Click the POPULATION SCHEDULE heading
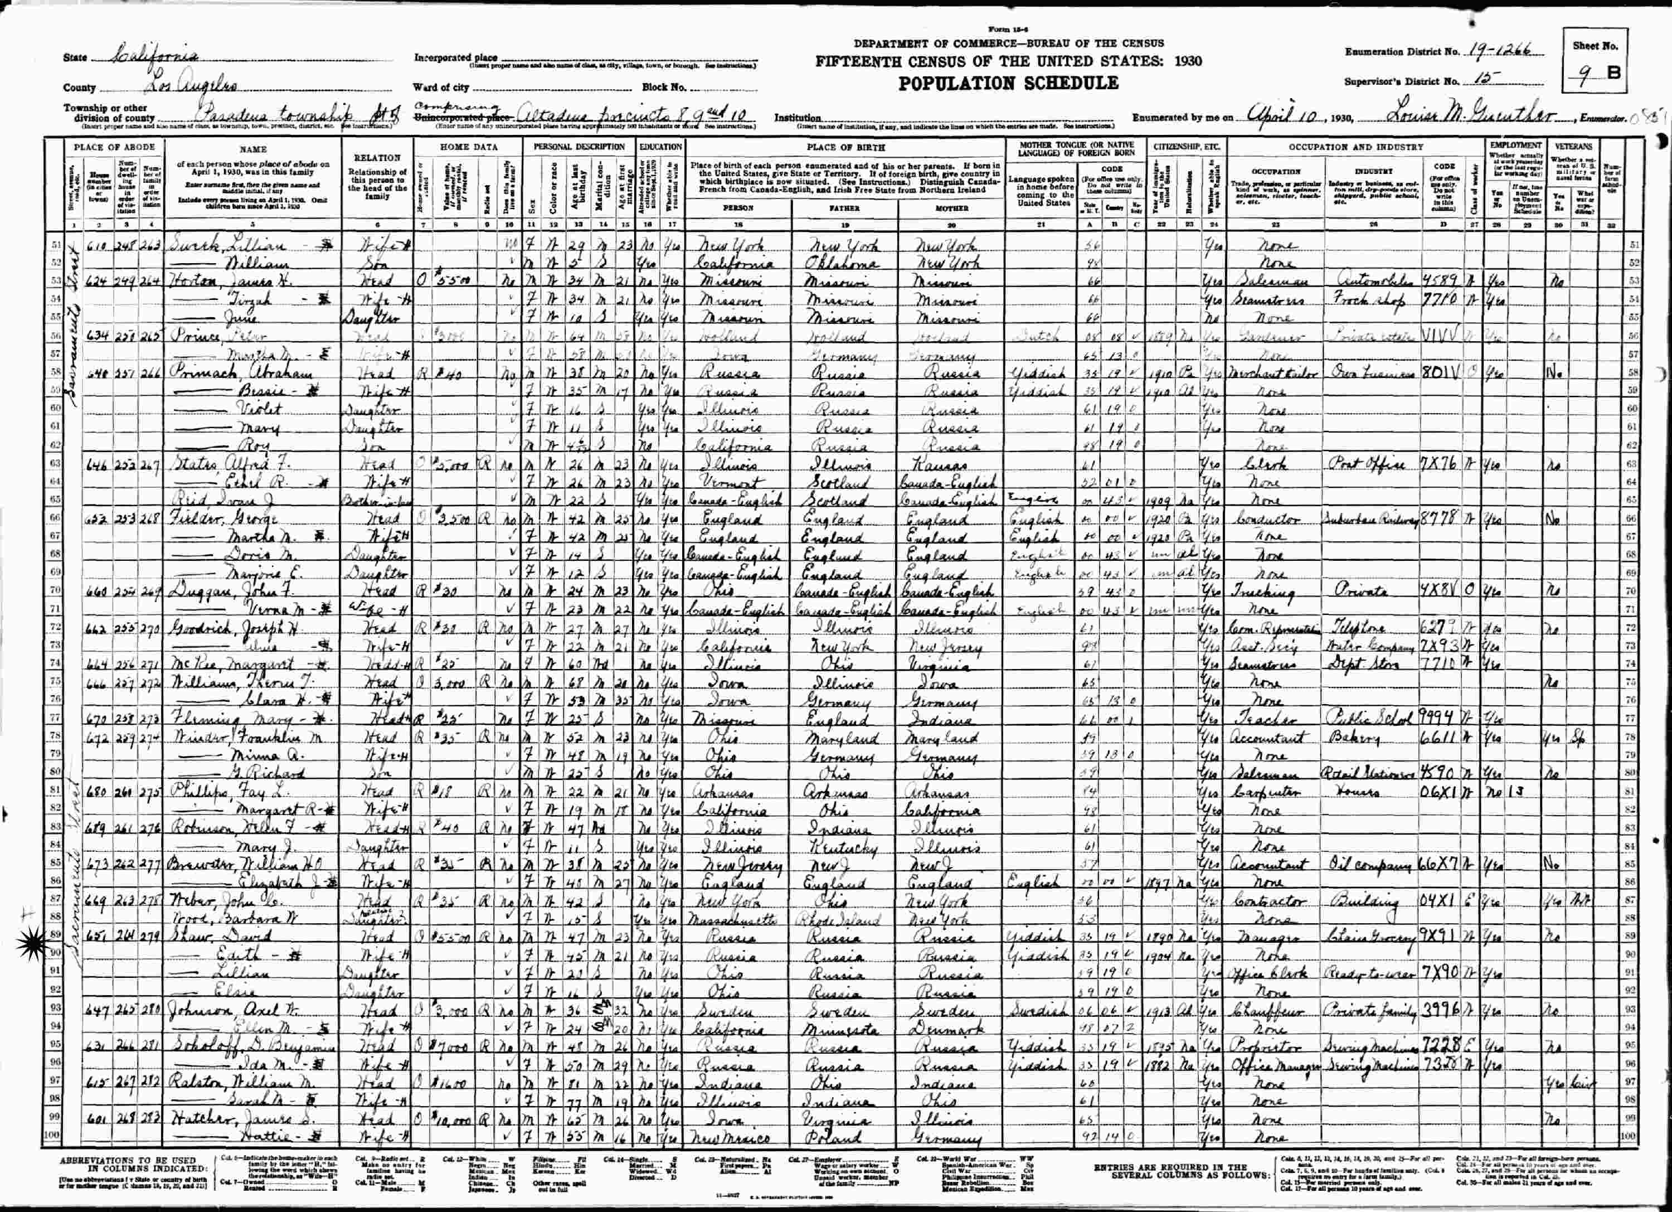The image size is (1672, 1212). (1008, 83)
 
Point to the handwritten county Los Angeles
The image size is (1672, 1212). (190, 85)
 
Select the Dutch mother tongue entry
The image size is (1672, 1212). (1038, 336)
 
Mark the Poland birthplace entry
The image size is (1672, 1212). (837, 1138)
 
